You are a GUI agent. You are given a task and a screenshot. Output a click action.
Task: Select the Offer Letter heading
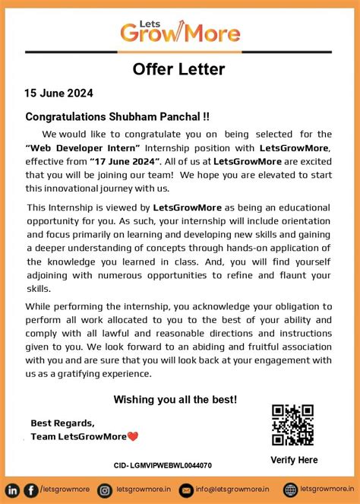179,69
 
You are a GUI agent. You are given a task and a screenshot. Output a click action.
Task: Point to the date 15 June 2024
58,94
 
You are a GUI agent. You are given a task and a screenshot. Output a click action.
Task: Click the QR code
292,425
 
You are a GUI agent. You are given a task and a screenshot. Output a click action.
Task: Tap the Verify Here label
294,460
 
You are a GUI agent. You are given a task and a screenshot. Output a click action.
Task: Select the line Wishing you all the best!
175,400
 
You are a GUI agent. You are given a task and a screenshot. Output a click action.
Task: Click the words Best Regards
62,423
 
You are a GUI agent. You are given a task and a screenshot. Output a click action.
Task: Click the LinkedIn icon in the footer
13,490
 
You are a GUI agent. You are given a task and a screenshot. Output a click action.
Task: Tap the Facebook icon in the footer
30,490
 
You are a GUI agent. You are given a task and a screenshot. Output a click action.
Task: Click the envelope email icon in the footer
185,490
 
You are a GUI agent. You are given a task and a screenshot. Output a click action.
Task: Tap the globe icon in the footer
290,490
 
